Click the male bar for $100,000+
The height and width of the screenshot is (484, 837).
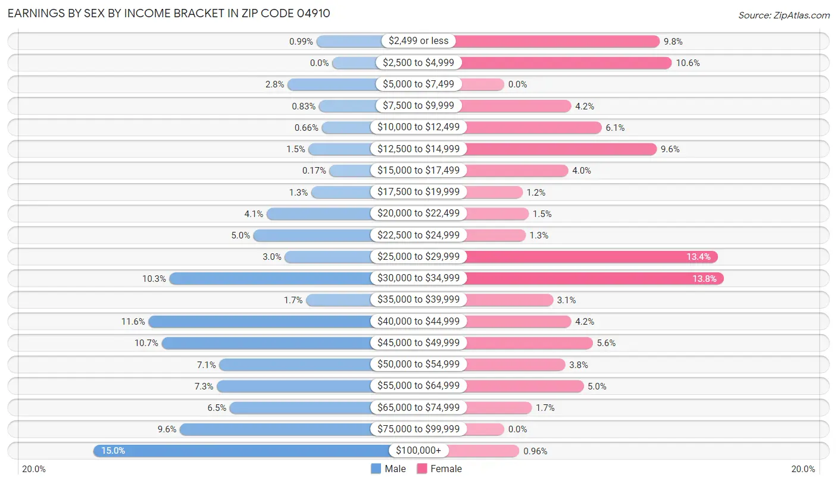click(241, 451)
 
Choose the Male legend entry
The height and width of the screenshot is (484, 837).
click(388, 469)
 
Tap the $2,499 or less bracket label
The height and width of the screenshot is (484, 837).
click(418, 41)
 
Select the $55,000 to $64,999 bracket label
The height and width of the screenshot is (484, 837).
click(418, 386)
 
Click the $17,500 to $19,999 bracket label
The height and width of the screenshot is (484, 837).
click(418, 192)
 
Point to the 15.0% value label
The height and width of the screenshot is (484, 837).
click(113, 451)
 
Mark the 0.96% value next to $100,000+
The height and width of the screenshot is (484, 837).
click(535, 451)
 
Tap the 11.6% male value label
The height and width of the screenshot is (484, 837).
click(133, 322)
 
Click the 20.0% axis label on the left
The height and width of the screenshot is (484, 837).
click(34, 469)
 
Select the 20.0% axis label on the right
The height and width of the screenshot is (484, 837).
click(803, 469)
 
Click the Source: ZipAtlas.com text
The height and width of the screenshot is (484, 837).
click(783, 15)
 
